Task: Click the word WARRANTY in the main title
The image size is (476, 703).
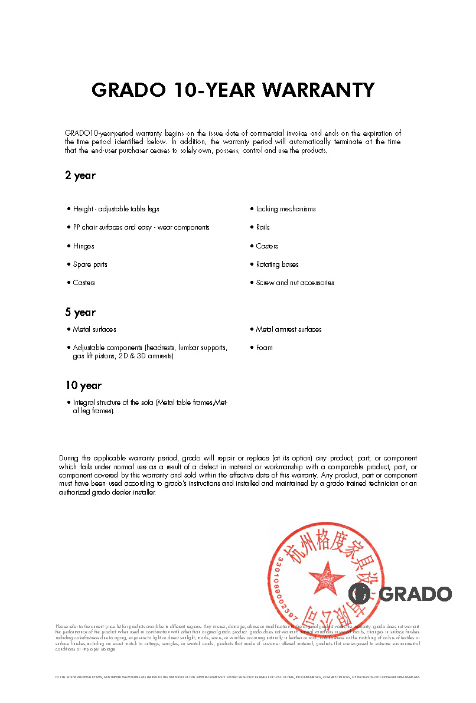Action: coord(318,90)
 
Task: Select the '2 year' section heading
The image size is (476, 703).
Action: coord(80,175)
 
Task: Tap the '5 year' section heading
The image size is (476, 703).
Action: coord(80,312)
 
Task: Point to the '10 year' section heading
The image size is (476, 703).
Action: coord(83,385)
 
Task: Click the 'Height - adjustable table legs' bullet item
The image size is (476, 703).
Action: coord(116,209)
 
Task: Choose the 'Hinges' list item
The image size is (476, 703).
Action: coord(83,246)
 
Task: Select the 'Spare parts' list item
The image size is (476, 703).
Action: coord(90,264)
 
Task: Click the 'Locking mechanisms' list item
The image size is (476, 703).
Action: coord(286,209)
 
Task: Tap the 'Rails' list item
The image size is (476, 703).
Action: coord(263,227)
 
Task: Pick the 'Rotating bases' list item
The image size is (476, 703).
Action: coord(277,264)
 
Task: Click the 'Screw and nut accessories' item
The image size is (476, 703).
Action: coord(295,283)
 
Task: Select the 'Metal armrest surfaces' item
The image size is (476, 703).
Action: coord(289,329)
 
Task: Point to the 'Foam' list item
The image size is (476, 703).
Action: coord(264,348)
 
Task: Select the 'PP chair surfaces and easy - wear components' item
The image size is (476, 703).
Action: coord(141,227)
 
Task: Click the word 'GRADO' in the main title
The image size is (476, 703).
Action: coord(129,90)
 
